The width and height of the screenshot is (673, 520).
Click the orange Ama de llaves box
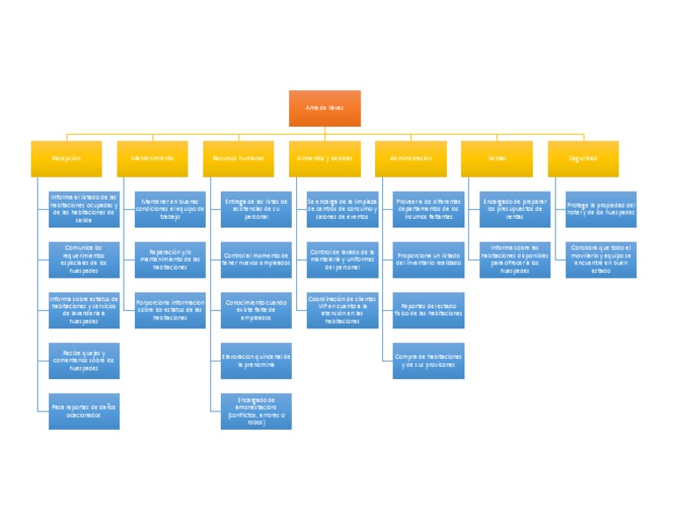(x=324, y=108)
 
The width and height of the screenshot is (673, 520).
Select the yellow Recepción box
(x=67, y=158)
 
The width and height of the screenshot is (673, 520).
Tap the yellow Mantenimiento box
(x=152, y=158)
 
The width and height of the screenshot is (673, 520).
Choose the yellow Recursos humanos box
(x=238, y=158)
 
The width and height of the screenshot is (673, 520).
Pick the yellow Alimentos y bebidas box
(x=324, y=158)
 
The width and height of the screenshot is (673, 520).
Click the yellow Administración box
(x=410, y=158)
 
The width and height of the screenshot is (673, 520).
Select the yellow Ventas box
(x=497, y=158)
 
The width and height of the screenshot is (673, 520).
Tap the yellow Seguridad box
(x=583, y=158)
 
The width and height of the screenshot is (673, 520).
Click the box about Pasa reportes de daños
(x=84, y=411)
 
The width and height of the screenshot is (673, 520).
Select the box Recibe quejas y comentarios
(x=84, y=361)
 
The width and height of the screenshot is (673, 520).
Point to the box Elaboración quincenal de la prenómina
(x=256, y=361)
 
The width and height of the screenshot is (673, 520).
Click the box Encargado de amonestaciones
(x=256, y=411)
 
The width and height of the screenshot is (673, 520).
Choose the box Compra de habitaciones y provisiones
(x=429, y=361)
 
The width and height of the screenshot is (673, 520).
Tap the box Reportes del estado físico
(x=429, y=310)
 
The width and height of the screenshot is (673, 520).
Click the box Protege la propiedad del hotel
(x=601, y=209)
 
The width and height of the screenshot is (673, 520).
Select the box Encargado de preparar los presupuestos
(x=515, y=209)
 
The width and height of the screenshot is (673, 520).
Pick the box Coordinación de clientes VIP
(x=343, y=310)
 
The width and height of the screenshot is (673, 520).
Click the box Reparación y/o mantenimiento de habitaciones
(x=170, y=260)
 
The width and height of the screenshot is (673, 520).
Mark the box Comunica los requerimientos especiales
(x=84, y=260)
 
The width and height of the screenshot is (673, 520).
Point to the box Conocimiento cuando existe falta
(x=256, y=310)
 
